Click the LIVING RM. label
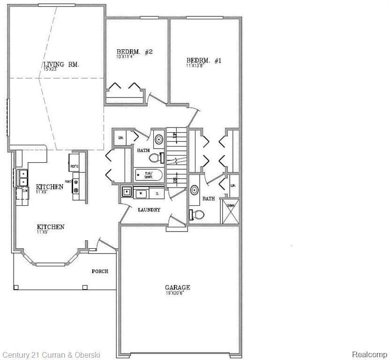coord(61,65)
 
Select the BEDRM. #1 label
coord(204,60)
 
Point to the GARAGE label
coord(177,287)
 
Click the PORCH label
coord(100,271)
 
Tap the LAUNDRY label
coord(149,210)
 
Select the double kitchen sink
coord(22,178)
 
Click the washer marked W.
coord(139,193)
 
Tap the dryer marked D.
coord(157,193)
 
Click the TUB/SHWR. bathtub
coord(148,175)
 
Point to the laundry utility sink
coord(127,191)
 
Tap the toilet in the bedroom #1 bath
coord(197,214)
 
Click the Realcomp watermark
coord(369,354)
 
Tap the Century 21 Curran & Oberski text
coord(51,355)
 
